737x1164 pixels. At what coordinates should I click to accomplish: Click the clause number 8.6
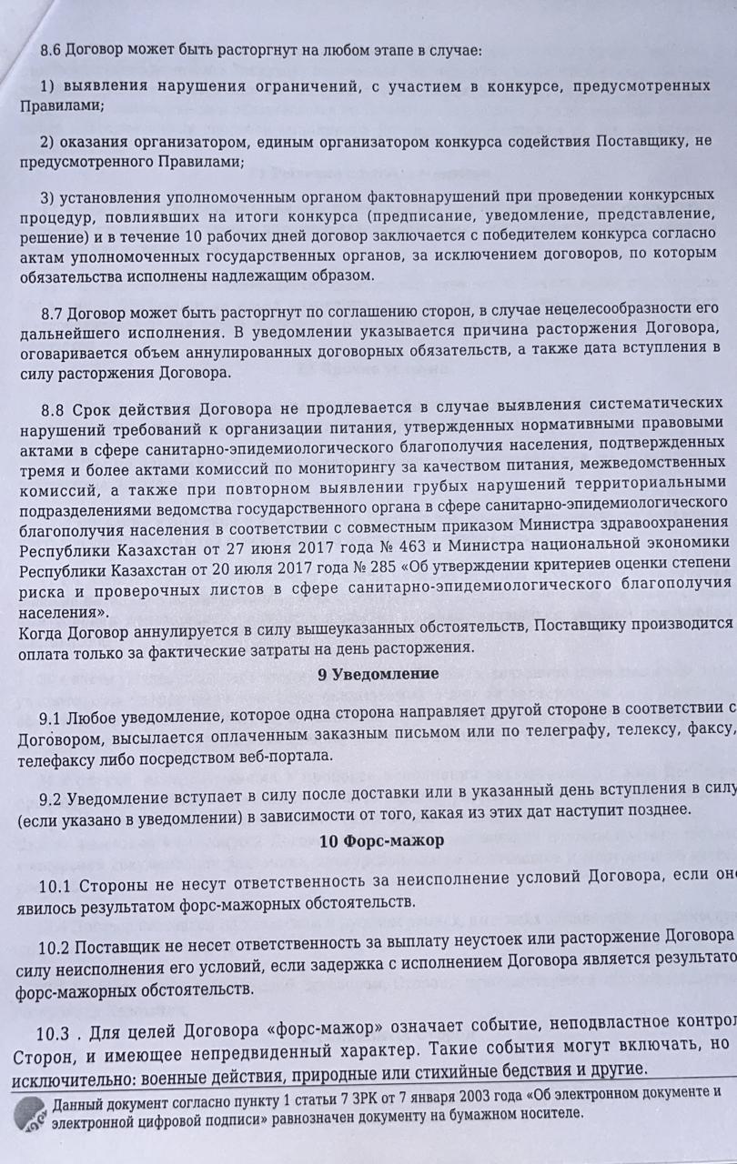[51, 50]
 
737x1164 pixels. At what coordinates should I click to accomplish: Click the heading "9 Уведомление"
[378, 674]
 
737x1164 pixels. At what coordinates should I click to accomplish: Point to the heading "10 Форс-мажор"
[382, 840]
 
